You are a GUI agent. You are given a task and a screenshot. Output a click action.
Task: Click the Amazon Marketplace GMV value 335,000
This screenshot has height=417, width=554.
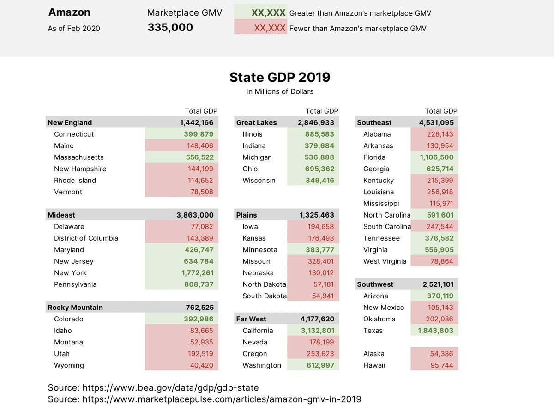(170, 28)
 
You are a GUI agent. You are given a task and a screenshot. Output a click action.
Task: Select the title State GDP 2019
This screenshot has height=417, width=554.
(280, 77)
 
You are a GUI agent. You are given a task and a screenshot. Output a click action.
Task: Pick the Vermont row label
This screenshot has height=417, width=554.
(68, 192)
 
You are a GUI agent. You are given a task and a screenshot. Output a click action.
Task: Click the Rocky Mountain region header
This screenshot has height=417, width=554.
(75, 308)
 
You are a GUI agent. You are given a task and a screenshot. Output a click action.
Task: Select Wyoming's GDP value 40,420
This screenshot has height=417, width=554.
(201, 365)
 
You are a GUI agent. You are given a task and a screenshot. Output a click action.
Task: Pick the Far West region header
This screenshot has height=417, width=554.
(251, 319)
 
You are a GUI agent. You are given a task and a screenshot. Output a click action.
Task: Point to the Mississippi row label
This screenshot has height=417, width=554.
(381, 204)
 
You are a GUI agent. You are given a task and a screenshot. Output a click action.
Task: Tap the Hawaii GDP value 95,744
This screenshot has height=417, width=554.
(441, 365)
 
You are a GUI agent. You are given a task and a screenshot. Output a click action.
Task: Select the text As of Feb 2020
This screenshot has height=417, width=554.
(74, 29)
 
